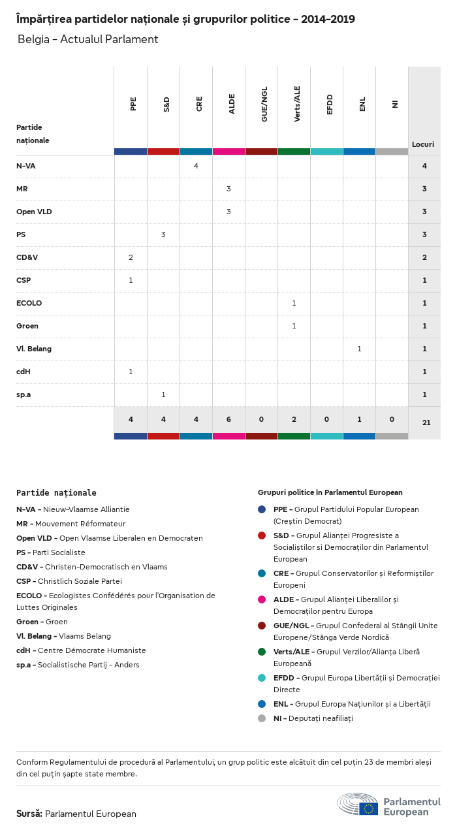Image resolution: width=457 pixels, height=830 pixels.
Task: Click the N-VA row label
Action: [x=26, y=166]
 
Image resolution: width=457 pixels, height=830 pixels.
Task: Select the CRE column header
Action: [x=199, y=104]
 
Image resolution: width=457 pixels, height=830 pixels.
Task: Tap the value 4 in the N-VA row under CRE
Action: [x=196, y=166]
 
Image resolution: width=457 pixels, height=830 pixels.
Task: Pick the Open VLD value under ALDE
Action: [x=228, y=212]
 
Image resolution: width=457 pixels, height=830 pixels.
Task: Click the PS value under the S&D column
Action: [x=163, y=234]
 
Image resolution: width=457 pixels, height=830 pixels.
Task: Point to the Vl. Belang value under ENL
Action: [x=359, y=349]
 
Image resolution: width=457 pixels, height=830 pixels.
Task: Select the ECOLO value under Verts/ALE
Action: [x=294, y=303]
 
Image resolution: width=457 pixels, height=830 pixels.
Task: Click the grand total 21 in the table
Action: [x=426, y=423]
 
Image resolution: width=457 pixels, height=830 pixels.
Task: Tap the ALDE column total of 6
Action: [x=228, y=419]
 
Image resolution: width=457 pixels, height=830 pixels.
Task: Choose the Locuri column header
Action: [x=423, y=144]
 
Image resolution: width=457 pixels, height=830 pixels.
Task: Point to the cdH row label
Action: [x=23, y=372]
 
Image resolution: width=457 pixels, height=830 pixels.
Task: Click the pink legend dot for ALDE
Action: [x=262, y=599]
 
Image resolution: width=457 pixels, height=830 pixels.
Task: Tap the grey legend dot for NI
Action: [x=262, y=718]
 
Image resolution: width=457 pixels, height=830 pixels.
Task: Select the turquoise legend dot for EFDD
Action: [x=262, y=678]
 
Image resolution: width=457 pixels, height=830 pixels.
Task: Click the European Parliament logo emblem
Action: [x=358, y=804]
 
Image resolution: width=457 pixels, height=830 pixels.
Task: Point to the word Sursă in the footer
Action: [x=29, y=814]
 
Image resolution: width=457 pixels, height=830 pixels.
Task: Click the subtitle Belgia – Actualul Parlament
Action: [x=88, y=39]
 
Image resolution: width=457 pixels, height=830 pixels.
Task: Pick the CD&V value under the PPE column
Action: [x=131, y=257]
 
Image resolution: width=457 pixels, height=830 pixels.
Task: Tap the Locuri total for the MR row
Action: [x=424, y=189]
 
